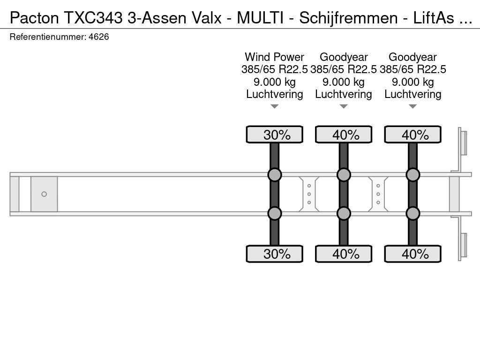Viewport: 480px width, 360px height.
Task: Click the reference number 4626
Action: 98,37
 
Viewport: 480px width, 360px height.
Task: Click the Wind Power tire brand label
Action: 274,57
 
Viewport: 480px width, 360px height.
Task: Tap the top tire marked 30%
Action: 275,135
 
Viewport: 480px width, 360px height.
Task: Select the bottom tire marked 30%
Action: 275,254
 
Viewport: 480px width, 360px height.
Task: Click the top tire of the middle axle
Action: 344,135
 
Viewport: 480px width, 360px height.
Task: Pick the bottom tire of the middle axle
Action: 344,254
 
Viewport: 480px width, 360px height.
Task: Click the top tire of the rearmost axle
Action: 412,135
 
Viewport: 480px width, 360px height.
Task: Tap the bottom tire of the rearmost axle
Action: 412,254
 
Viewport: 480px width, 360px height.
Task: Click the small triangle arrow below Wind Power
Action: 275,107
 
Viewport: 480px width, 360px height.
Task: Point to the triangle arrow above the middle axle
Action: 344,107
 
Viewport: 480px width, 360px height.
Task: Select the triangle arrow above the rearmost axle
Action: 412,107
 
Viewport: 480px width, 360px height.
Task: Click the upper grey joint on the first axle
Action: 275,175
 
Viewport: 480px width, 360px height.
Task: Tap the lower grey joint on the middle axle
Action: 344,213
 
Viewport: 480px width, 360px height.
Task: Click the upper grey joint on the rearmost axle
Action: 412,175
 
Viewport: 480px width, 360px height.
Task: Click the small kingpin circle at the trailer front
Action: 44,194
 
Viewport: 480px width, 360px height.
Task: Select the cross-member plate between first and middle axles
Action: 309,194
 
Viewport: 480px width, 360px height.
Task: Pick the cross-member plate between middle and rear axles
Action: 378,194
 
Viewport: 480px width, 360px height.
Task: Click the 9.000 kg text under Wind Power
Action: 274,82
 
